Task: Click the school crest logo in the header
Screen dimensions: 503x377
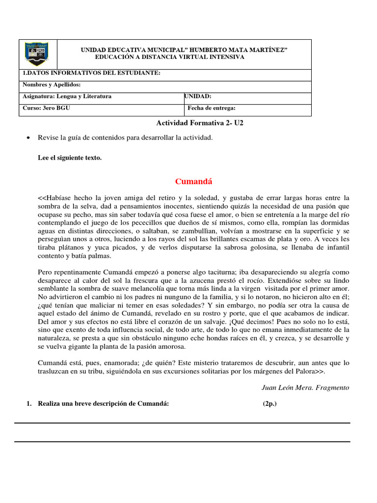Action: click(x=37, y=54)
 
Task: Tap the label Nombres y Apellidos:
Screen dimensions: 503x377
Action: click(x=52, y=84)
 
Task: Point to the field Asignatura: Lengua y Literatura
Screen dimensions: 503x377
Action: click(x=67, y=96)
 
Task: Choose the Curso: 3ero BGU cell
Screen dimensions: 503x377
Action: click(x=47, y=108)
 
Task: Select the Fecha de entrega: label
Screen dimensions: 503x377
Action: click(x=212, y=108)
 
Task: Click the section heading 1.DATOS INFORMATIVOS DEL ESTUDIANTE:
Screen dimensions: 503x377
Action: click(x=92, y=73)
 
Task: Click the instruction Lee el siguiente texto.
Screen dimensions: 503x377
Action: click(x=70, y=158)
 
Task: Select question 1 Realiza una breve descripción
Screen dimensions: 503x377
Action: click(x=103, y=403)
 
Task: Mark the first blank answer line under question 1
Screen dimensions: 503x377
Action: click(x=182, y=422)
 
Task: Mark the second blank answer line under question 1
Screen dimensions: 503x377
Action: click(x=182, y=441)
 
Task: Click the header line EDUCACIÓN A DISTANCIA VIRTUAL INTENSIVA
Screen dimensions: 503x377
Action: click(x=169, y=57)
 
